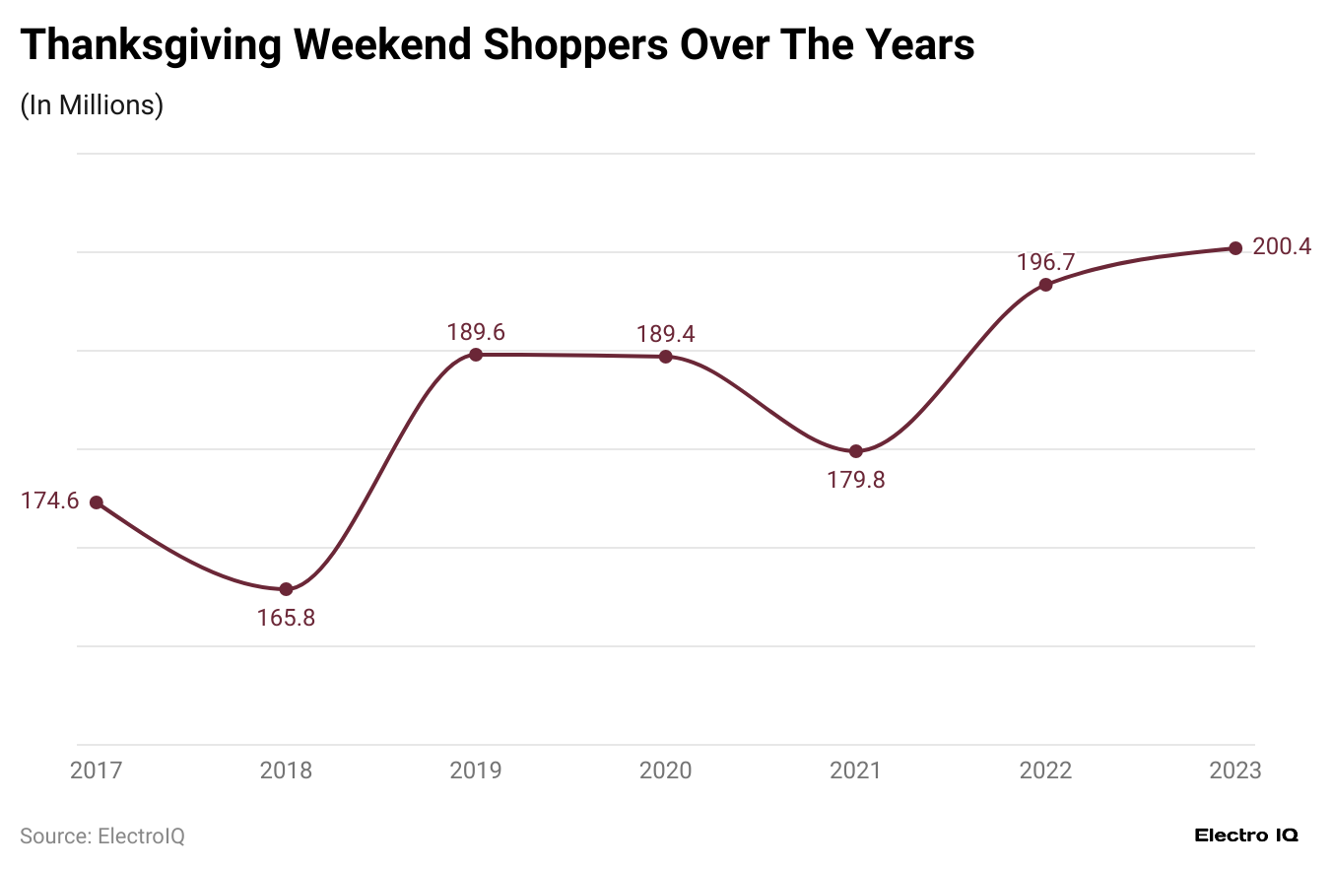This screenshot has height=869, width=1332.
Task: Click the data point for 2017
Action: tap(97, 502)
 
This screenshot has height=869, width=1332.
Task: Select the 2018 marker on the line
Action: tap(286, 589)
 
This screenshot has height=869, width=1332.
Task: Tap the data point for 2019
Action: tap(476, 355)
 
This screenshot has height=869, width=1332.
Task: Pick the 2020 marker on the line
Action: tap(666, 357)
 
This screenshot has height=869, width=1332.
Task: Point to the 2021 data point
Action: tap(856, 451)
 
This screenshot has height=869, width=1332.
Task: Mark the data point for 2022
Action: tap(1046, 285)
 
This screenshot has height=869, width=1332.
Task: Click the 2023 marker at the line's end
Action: tap(1235, 248)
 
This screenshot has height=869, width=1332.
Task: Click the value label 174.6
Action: tap(49, 501)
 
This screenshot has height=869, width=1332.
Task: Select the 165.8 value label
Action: tap(286, 619)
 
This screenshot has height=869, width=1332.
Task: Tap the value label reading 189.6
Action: tap(476, 332)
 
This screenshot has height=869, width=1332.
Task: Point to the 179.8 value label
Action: tap(856, 481)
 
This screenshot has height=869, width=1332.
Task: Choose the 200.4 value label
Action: tap(1282, 246)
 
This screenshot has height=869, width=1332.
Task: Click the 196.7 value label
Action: tap(1046, 262)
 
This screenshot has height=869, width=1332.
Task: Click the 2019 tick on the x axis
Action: tap(476, 770)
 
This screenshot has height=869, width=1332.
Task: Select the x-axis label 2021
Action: tap(856, 770)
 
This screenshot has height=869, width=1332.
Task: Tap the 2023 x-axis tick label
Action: tap(1235, 770)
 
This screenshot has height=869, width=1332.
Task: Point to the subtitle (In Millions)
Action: tap(92, 105)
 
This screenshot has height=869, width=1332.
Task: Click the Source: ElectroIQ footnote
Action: tap(102, 836)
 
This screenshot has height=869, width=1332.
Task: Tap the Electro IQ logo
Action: tap(1246, 836)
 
